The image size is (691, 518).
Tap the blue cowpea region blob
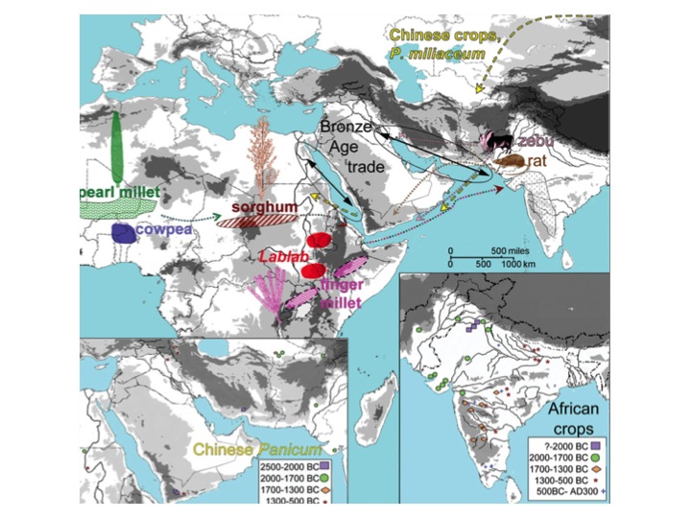pyautogui.click(x=123, y=232)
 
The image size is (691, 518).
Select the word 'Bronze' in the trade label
pyautogui.click(x=338, y=128)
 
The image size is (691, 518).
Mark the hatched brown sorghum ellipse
pyautogui.click(x=250, y=220)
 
